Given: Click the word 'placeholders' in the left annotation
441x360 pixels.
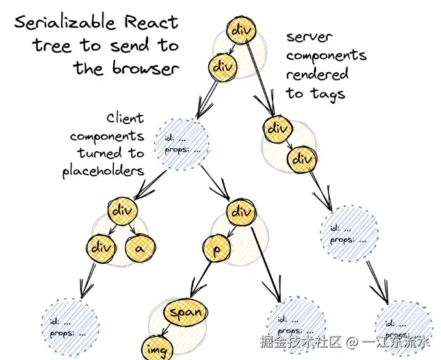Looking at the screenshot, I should point(103,172).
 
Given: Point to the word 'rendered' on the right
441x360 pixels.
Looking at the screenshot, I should point(317,73).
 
